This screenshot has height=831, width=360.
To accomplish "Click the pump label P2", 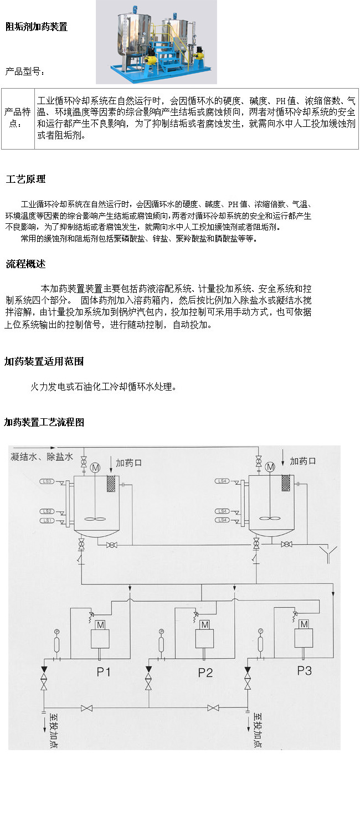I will [205, 673].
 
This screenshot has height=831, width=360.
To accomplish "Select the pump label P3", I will [304, 670].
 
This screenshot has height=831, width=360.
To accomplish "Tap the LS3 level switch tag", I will [48, 481].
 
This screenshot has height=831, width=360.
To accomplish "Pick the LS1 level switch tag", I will [48, 521].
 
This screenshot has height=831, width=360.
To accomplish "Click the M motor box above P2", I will [204, 624].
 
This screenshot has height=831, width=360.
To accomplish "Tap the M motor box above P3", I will [304, 624].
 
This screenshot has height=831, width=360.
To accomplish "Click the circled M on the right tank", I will [270, 468].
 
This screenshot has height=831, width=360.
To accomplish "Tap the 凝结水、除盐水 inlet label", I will [42, 457].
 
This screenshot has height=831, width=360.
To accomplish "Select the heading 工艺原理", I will [25, 179].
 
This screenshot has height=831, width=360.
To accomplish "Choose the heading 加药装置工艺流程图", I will [44, 422].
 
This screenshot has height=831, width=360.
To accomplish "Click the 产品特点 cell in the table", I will [17, 117].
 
